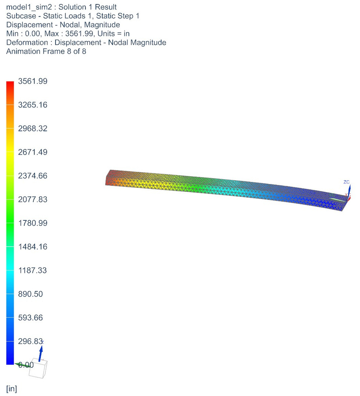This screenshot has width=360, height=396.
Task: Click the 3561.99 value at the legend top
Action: [x=33, y=81]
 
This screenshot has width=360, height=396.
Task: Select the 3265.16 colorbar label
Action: [x=33, y=105]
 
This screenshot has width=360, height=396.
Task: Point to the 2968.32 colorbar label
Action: [x=33, y=129]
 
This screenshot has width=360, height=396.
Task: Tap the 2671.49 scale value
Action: [x=33, y=152]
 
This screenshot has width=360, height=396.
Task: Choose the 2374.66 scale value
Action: [x=33, y=176]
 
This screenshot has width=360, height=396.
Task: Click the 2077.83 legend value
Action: [x=33, y=199]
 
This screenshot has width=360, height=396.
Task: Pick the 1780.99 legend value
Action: [x=33, y=223]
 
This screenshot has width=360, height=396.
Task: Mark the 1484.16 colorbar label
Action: [x=33, y=247]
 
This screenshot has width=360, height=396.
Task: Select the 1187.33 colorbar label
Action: [x=33, y=270]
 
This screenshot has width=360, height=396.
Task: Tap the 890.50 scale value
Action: [x=30, y=294]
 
